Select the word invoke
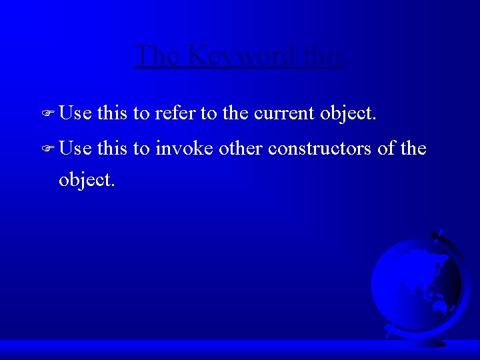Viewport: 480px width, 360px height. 184,147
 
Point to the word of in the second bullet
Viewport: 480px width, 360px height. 387,147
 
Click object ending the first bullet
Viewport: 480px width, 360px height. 349,114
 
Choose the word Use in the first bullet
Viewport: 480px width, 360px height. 75,113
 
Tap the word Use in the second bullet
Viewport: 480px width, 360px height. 75,147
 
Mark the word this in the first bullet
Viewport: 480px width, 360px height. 113,113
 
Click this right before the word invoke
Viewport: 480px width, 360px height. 113,147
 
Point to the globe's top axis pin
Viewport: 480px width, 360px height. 437,234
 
